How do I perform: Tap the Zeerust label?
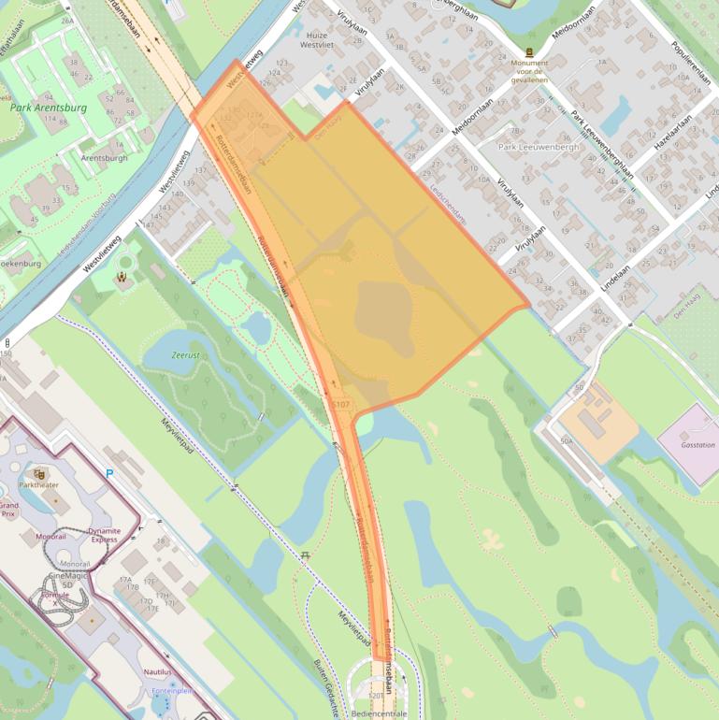pyautogui.click(x=186, y=355)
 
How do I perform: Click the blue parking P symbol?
pyautogui.click(x=109, y=474)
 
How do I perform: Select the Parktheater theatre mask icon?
pyautogui.click(x=39, y=474)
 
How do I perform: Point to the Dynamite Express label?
pyautogui.click(x=104, y=534)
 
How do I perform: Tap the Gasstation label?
pyautogui.click(x=697, y=445)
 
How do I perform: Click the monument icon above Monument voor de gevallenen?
pyautogui.click(x=529, y=51)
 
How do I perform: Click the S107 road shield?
pyautogui.click(x=341, y=404)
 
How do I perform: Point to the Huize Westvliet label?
pyautogui.click(x=321, y=38)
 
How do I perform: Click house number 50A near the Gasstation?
pyautogui.click(x=566, y=439)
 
